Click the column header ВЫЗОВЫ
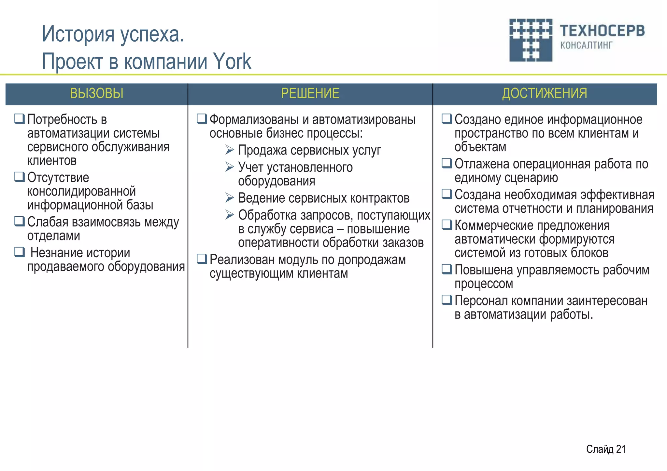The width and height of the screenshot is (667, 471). pos(96,94)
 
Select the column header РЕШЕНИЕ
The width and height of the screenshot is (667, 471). pos(310,94)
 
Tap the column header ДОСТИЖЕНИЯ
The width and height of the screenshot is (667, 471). pos(545,94)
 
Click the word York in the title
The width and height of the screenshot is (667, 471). pos(232,61)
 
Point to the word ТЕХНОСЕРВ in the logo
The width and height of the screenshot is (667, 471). pos(602,31)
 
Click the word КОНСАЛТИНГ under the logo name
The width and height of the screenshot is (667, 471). pos(586,45)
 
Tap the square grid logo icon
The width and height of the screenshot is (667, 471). pos(531,40)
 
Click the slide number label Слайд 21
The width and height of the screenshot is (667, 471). pos(606,449)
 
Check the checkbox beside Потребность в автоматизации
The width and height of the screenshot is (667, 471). pos(20,119)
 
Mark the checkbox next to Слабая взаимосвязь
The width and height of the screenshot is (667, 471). pos(20,221)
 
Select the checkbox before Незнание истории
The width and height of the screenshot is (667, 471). pos(20,252)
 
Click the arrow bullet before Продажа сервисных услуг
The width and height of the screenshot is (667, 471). pos(230,150)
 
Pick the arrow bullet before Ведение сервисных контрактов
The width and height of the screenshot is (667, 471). pos(230,197)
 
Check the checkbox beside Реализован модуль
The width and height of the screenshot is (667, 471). pos(202,259)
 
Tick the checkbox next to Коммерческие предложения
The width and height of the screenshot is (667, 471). pos(447,224)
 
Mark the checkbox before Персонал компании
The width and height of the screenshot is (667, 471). pos(447,300)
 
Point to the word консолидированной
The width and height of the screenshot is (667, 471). pos(81,191)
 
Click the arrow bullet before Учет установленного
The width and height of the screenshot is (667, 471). pos(230,167)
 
